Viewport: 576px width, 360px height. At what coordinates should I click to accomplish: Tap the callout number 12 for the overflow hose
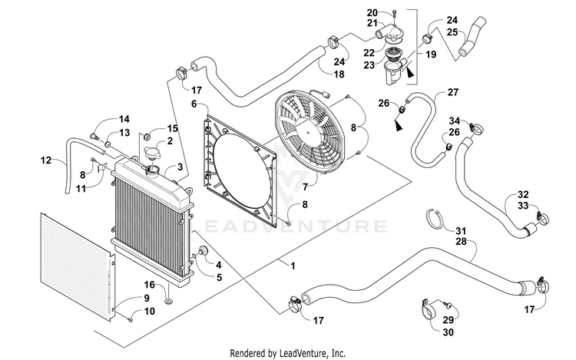pyautogui.click(x=46, y=160)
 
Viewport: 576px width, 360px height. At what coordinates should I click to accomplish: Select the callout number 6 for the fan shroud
pyautogui.click(x=194, y=104)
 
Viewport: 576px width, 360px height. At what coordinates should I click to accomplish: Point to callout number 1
pyautogui.click(x=293, y=266)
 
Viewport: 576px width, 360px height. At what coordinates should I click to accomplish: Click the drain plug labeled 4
pyautogui.click(x=203, y=252)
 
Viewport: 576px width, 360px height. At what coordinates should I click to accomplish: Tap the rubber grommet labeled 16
pyautogui.click(x=169, y=301)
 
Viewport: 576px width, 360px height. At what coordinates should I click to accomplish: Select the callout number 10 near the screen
pyautogui.click(x=149, y=311)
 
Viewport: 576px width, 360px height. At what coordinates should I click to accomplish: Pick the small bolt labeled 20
pyautogui.click(x=394, y=14)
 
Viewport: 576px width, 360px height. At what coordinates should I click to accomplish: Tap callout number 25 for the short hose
pyautogui.click(x=452, y=32)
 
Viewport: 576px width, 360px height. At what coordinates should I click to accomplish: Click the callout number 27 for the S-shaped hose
pyautogui.click(x=453, y=92)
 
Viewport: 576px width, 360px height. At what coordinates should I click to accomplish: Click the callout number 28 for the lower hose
pyautogui.click(x=461, y=241)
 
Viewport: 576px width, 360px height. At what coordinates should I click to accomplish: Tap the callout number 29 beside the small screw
pyautogui.click(x=449, y=319)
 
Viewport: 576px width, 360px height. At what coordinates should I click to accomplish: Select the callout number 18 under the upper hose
pyautogui.click(x=339, y=74)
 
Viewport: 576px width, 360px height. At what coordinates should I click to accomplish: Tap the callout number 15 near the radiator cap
pyautogui.click(x=172, y=128)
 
